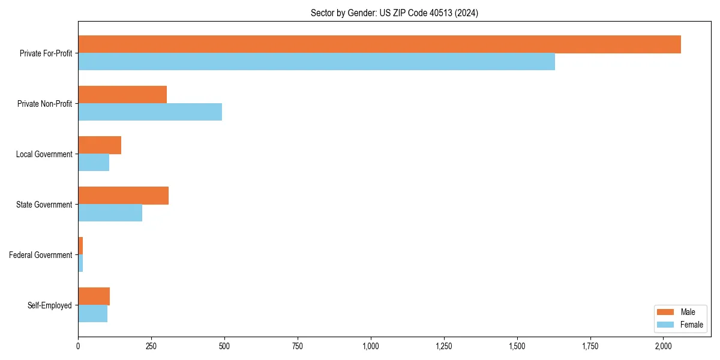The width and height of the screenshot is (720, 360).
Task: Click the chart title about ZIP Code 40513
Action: pos(394,13)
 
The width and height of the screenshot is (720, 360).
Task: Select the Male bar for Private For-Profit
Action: pos(379,44)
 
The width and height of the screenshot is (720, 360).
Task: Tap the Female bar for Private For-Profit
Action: pos(316,62)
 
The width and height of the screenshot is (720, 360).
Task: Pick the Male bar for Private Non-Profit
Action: pos(122,95)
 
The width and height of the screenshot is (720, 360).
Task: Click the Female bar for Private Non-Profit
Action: pos(150,112)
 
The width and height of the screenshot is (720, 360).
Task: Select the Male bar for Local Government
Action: pos(100,145)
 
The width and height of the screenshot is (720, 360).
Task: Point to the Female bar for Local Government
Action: pos(94,163)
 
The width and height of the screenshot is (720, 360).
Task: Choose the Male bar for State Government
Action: pos(123,196)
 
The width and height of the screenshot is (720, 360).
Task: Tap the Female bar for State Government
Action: pos(110,213)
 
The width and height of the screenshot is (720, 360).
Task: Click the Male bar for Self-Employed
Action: pos(94,296)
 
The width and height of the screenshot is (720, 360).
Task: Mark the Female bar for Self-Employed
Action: pos(92,314)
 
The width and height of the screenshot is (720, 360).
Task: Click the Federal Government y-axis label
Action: pos(41,255)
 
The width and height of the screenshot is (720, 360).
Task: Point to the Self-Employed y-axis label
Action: pos(50,305)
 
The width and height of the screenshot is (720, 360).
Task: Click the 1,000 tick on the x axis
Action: pos(371,346)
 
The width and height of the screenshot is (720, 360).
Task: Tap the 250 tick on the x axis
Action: pos(151,346)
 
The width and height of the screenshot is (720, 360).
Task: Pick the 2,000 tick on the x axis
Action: pos(663,346)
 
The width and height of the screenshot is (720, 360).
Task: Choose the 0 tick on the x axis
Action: pos(78,346)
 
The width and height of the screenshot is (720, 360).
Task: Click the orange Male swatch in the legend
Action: pos(666,312)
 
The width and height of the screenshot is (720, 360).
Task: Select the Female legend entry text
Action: pos(692,325)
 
